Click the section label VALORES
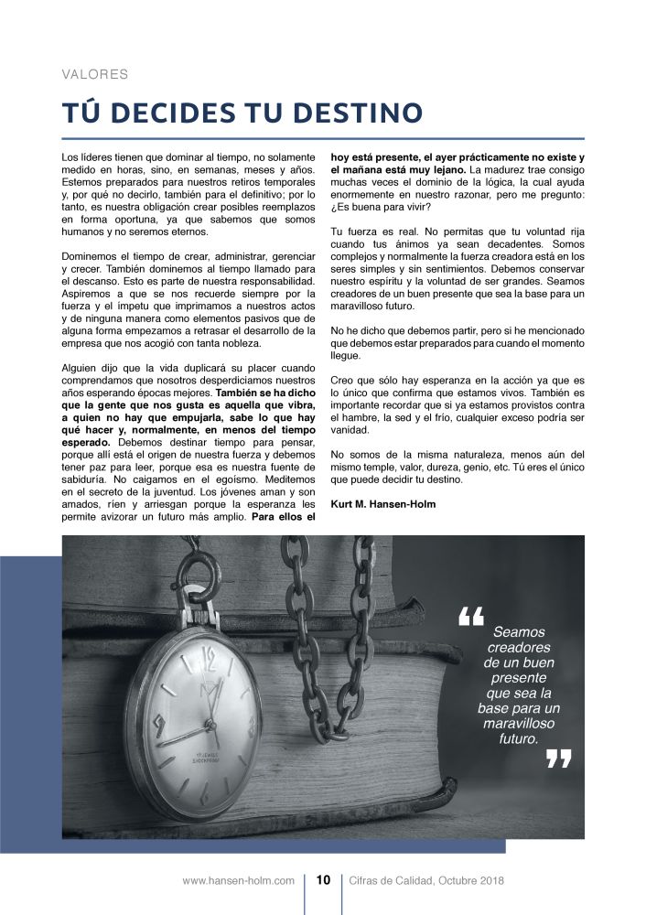94,74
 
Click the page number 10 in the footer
323,880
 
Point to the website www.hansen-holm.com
239,880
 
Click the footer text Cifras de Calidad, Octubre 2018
426,880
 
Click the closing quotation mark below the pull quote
557,759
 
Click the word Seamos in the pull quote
519,632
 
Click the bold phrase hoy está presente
373,157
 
